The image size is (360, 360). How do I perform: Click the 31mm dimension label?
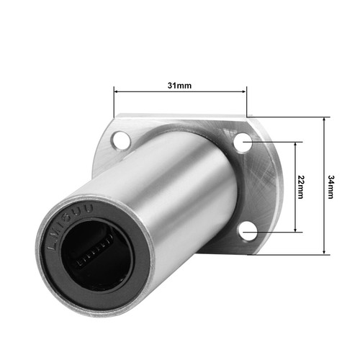pos(179,85)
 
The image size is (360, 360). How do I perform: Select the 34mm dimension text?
pos(330,186)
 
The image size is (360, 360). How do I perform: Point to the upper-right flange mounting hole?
pos(243,144)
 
